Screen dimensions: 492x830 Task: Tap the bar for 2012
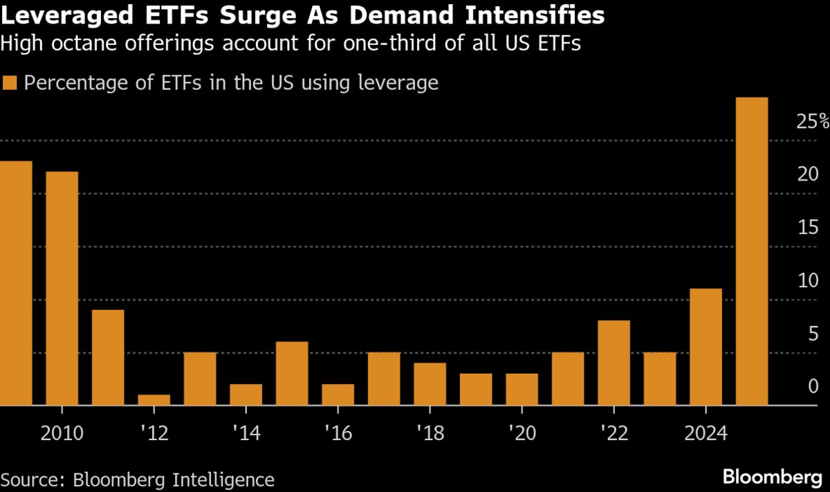pyautogui.click(x=154, y=400)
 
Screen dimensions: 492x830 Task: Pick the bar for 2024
pyautogui.click(x=706, y=347)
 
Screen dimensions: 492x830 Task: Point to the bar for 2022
pyautogui.click(x=614, y=363)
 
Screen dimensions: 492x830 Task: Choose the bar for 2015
pyautogui.click(x=291, y=373)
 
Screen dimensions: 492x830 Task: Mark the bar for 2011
pyautogui.click(x=108, y=357)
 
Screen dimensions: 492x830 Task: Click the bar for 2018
pyautogui.click(x=430, y=384)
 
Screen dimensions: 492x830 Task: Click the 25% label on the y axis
pyautogui.click(x=812, y=122)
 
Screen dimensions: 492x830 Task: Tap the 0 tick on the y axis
pyautogui.click(x=814, y=388)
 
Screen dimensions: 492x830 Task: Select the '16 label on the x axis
pyautogui.click(x=338, y=434)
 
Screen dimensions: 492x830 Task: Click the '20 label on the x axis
pyautogui.click(x=522, y=434)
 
